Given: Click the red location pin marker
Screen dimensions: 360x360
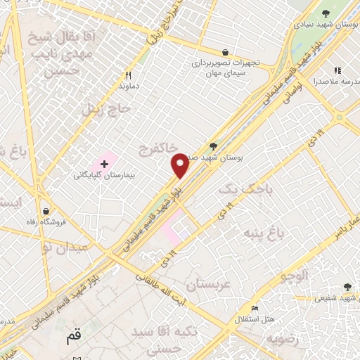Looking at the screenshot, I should click(180, 165).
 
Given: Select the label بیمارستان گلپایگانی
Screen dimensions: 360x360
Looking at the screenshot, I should click(105, 175).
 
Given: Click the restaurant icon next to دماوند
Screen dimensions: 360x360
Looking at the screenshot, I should click(128, 75).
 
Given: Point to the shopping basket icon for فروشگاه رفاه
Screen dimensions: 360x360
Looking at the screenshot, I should click(46, 211).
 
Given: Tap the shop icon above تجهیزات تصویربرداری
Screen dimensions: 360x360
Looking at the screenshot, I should click(224, 52).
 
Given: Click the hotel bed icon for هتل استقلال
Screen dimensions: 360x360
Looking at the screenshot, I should click(255, 309).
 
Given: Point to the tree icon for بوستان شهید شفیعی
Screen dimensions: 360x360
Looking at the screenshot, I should click(347, 286).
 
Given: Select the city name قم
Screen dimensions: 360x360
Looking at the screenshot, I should click(74, 336).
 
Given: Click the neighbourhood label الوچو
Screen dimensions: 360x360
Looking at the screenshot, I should click(296, 275).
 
